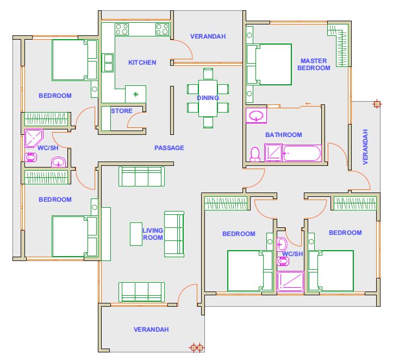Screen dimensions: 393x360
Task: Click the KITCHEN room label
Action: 142,63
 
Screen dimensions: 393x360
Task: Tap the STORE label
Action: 122,111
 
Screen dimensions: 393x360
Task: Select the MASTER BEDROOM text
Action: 314,64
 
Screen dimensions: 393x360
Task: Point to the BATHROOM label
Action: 284,135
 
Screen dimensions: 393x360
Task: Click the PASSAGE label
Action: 169,148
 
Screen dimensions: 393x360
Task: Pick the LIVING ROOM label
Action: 153,234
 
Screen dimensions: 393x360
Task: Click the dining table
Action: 208,98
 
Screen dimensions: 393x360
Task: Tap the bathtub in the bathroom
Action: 302,153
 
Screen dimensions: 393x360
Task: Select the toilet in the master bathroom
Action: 255,154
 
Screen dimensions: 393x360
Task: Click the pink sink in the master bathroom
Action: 256,116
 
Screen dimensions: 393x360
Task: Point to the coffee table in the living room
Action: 136,234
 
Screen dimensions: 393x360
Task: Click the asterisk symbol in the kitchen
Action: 135,94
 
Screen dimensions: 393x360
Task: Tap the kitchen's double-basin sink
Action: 108,63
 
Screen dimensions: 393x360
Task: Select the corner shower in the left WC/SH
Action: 34,138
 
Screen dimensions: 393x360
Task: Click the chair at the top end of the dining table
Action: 208,74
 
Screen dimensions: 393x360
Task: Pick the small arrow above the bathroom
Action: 308,103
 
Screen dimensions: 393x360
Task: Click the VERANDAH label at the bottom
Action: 151,330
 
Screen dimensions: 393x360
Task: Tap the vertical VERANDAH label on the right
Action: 365,147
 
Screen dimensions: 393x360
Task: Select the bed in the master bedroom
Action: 269,64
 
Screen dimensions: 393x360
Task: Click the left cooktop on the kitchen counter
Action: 122,29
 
